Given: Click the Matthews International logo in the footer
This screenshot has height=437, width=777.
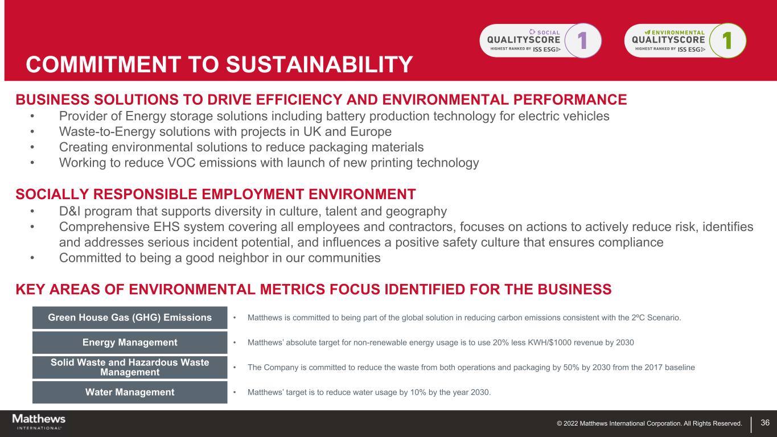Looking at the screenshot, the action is point(39,422).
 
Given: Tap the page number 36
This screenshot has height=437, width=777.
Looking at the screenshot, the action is point(765,422).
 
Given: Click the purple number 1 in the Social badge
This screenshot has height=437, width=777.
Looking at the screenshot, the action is point(583,40).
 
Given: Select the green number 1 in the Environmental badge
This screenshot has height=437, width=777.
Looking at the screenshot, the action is point(727,40).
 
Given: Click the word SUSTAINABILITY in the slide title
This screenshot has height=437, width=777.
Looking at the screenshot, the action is point(319,64).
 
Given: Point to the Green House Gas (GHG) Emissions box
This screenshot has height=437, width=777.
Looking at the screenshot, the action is point(130,318).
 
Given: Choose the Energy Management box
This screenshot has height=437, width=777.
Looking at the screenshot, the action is point(130,343).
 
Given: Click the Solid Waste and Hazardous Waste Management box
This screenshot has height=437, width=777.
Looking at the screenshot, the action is point(130,367).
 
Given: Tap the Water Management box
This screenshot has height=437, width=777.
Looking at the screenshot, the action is point(130,392).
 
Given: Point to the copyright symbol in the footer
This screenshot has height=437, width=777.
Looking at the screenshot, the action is point(559,423).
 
